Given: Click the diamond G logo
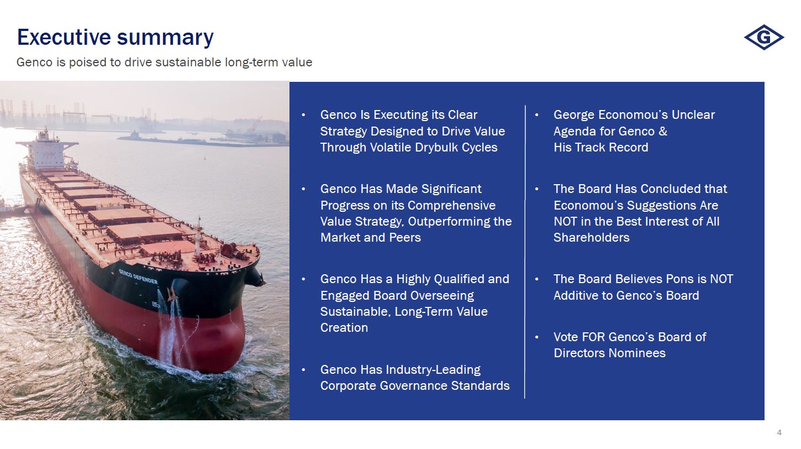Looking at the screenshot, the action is coord(764,37).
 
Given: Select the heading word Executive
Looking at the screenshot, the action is coord(64,37).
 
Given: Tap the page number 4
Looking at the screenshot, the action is coord(779,432).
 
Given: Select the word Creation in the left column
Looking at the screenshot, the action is coord(344,327).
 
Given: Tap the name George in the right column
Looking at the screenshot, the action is coord(575,115).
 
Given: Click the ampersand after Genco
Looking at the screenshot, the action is coord(662,132).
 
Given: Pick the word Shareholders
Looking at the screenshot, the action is coord(592,238).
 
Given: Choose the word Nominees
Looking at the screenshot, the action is coord(637,353).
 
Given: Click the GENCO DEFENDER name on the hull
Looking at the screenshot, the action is coord(138,276).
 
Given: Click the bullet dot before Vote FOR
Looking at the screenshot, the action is coord(536,337).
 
